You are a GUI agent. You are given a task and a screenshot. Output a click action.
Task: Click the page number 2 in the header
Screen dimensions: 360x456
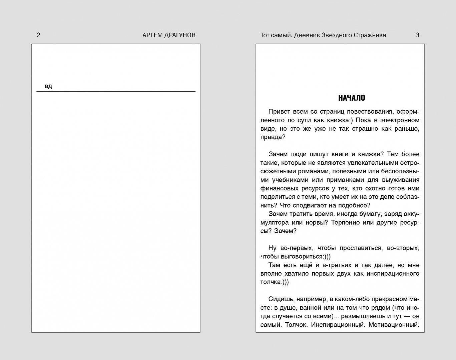[x=38, y=35]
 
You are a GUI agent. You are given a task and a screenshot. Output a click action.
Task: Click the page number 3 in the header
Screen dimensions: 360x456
[x=417, y=35]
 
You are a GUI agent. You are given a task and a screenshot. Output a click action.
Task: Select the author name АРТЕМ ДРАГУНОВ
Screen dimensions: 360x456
[x=169, y=35]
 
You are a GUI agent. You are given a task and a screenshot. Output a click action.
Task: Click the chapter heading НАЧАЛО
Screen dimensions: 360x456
[x=352, y=98]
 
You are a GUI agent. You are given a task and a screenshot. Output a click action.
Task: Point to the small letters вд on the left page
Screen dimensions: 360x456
[x=48, y=87]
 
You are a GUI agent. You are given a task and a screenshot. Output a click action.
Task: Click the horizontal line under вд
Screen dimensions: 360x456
[x=116, y=91]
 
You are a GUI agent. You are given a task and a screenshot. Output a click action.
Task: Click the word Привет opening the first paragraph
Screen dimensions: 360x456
[x=279, y=112]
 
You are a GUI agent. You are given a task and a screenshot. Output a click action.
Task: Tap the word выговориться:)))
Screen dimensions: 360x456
[x=304, y=257]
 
